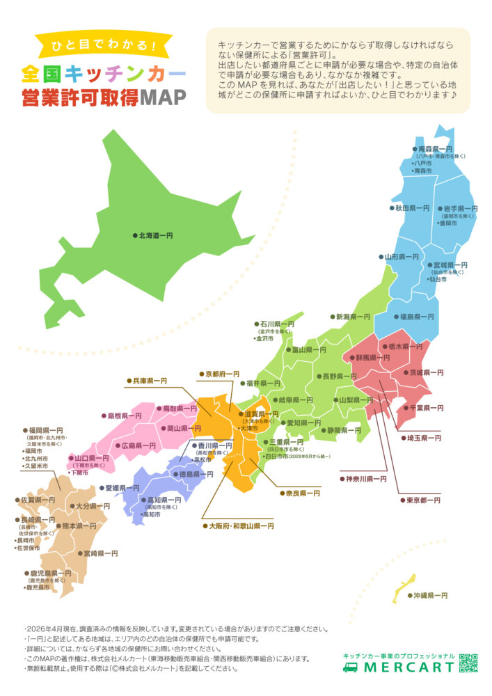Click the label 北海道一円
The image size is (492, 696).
coord(156,236)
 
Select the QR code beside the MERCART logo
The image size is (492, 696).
coord(469,663)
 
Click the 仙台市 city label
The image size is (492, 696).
coord(453,279)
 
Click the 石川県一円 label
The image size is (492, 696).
coord(278,324)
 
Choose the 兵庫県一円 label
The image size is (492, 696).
coord(150,381)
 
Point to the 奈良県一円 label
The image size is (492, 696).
coord(303,493)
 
